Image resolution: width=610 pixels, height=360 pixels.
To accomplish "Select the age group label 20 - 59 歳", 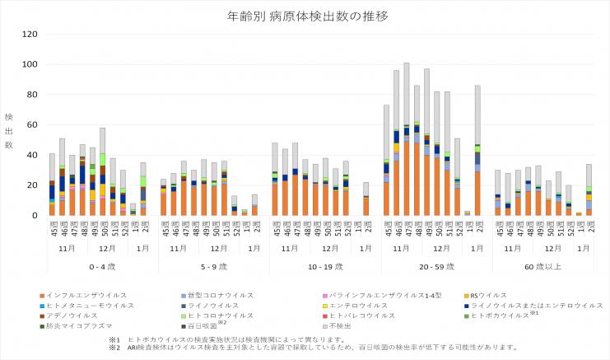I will [435, 265].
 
